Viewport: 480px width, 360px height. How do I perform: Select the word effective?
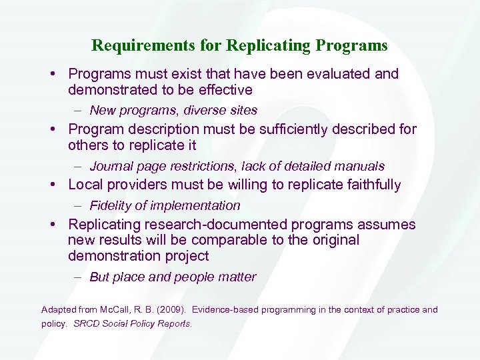point(224,90)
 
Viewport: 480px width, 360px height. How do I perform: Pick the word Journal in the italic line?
point(112,166)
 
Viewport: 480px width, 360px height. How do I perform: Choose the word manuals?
point(361,166)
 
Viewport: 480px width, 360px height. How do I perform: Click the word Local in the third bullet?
point(85,185)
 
